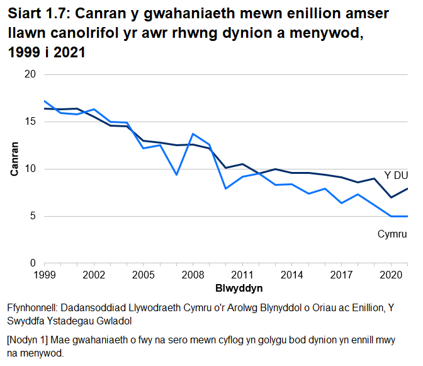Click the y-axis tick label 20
tap(30, 74)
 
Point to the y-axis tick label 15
tap(30, 122)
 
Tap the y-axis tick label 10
tap(30, 169)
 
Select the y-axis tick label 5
tap(32, 216)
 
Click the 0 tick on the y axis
tap(32, 263)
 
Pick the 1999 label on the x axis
tap(44, 275)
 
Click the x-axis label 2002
tap(94, 275)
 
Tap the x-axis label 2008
tap(193, 275)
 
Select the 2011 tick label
tap(242, 275)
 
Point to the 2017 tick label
tap(341, 275)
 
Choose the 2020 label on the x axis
tap(390, 275)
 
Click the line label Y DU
tap(396, 175)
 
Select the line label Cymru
tap(393, 234)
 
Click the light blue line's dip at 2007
tap(176, 174)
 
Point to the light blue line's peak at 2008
tap(193, 134)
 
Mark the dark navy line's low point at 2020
tap(391, 197)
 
